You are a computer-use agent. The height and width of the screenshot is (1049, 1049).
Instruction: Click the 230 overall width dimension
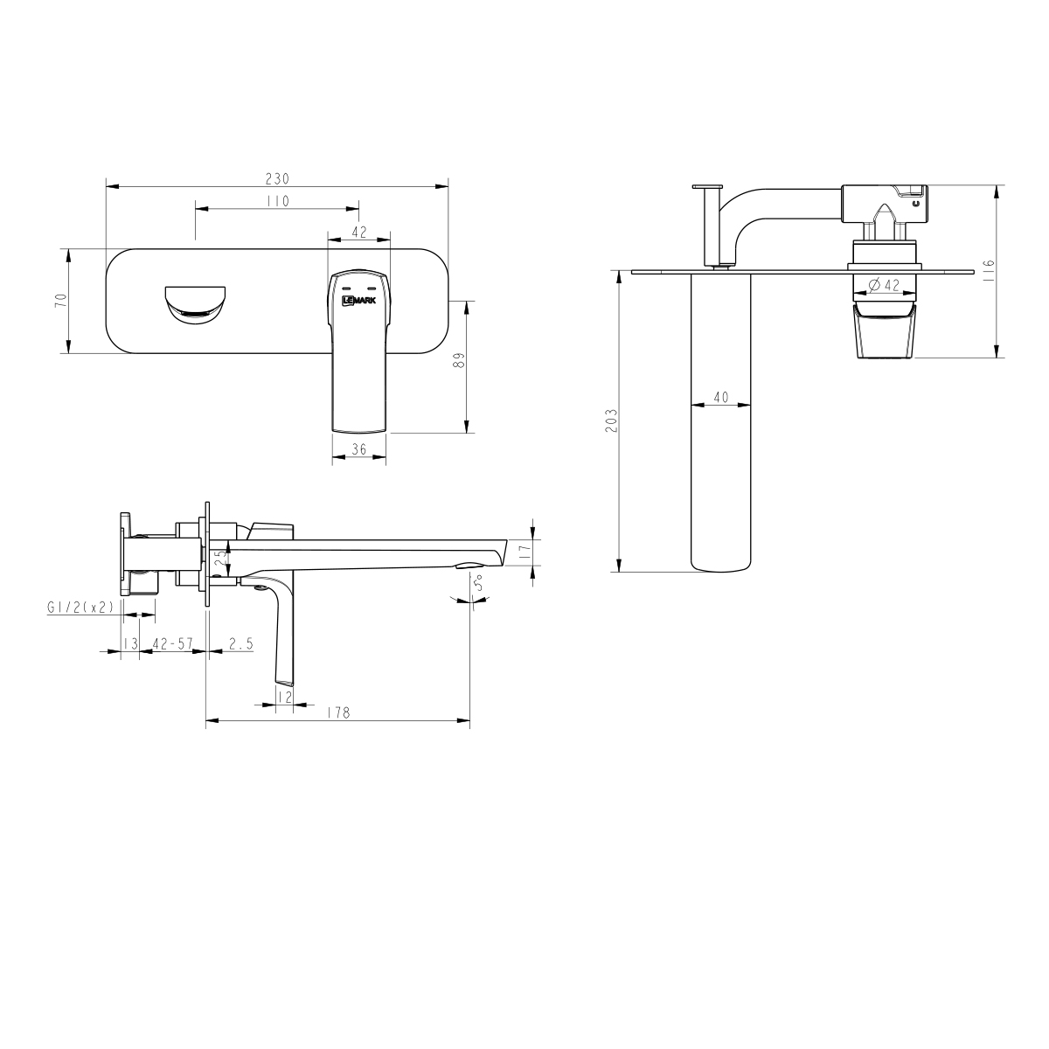click(276, 177)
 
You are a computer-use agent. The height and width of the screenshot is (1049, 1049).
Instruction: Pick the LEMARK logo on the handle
click(358, 300)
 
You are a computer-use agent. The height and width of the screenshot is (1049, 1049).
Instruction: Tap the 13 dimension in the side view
click(130, 643)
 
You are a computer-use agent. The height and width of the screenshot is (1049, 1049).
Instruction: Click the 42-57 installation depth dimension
click(172, 643)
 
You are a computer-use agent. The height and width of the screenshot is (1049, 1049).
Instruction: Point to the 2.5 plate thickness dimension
click(240, 643)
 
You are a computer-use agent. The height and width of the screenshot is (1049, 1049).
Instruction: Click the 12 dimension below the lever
click(283, 696)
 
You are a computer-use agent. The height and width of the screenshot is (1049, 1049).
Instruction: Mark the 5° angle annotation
click(476, 583)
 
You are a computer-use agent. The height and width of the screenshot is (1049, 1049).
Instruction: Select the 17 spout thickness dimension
click(524, 552)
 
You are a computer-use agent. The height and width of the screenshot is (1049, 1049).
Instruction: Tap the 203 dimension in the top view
click(611, 420)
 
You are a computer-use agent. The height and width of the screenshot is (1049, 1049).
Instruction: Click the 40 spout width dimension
click(720, 397)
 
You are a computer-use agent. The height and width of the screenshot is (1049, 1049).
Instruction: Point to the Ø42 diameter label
click(886, 285)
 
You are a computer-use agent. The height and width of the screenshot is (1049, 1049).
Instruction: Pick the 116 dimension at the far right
click(988, 268)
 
